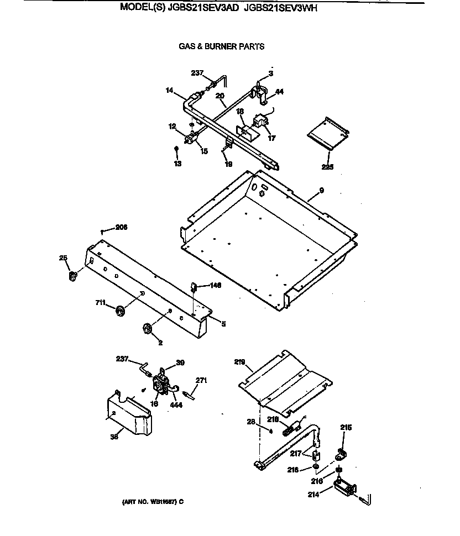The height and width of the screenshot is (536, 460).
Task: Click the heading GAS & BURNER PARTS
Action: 221,46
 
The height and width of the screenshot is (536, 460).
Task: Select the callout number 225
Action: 328,166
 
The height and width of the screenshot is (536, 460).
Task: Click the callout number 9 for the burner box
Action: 321,191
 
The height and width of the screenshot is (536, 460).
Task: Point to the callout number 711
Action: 100,302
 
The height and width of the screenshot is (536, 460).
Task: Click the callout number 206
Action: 121,227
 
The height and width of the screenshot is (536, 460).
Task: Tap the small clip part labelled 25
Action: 72,276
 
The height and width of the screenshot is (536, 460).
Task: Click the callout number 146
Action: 215,286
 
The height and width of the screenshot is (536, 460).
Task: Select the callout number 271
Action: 201,381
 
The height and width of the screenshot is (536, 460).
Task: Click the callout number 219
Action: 239,362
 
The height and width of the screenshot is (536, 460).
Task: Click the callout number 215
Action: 346,428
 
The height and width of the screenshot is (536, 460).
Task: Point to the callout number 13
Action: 177,164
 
